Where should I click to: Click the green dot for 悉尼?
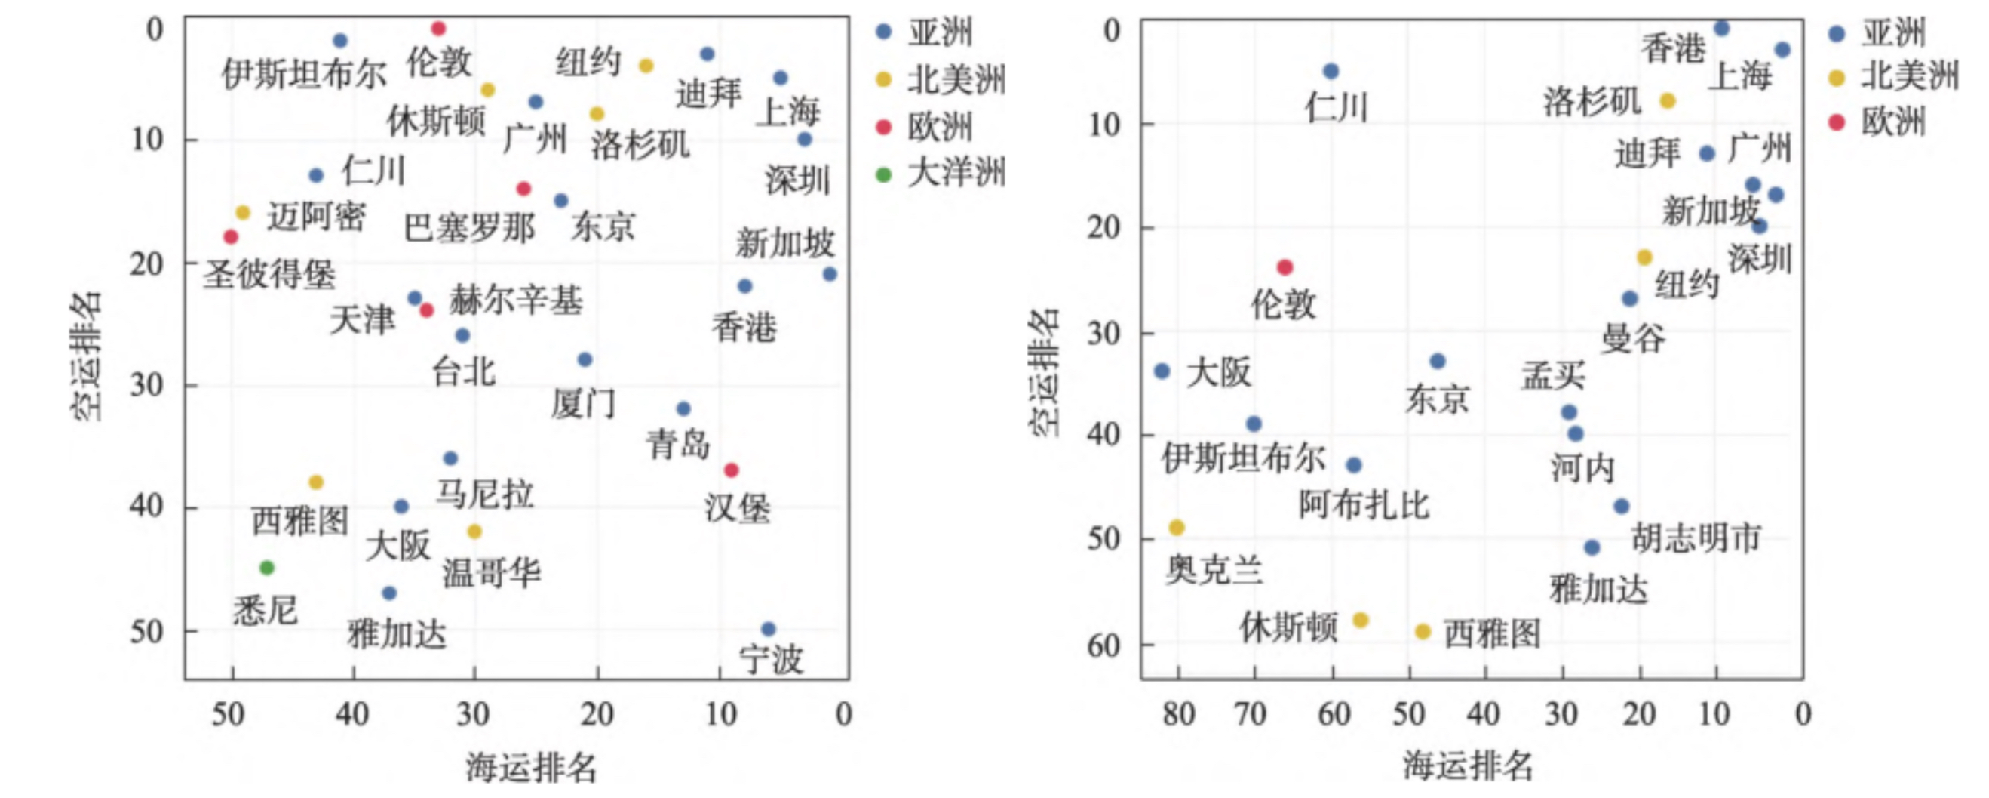(267, 568)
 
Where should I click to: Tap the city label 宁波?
(772, 660)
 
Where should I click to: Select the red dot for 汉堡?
(731, 470)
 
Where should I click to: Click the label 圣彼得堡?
(269, 274)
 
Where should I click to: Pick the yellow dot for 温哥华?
(475, 531)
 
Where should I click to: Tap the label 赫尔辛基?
(516, 300)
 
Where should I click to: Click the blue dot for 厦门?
(585, 359)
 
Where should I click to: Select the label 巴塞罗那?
(469, 228)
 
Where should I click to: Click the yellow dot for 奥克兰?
(1177, 528)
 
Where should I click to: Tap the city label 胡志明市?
(1696, 538)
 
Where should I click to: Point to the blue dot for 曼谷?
(1629, 298)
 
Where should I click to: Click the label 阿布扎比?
(1364, 505)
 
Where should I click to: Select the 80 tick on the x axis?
(1179, 713)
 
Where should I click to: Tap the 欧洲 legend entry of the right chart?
(1893, 122)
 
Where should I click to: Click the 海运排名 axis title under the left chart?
(531, 768)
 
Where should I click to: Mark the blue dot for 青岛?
(683, 408)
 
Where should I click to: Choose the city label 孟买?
(1554, 375)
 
